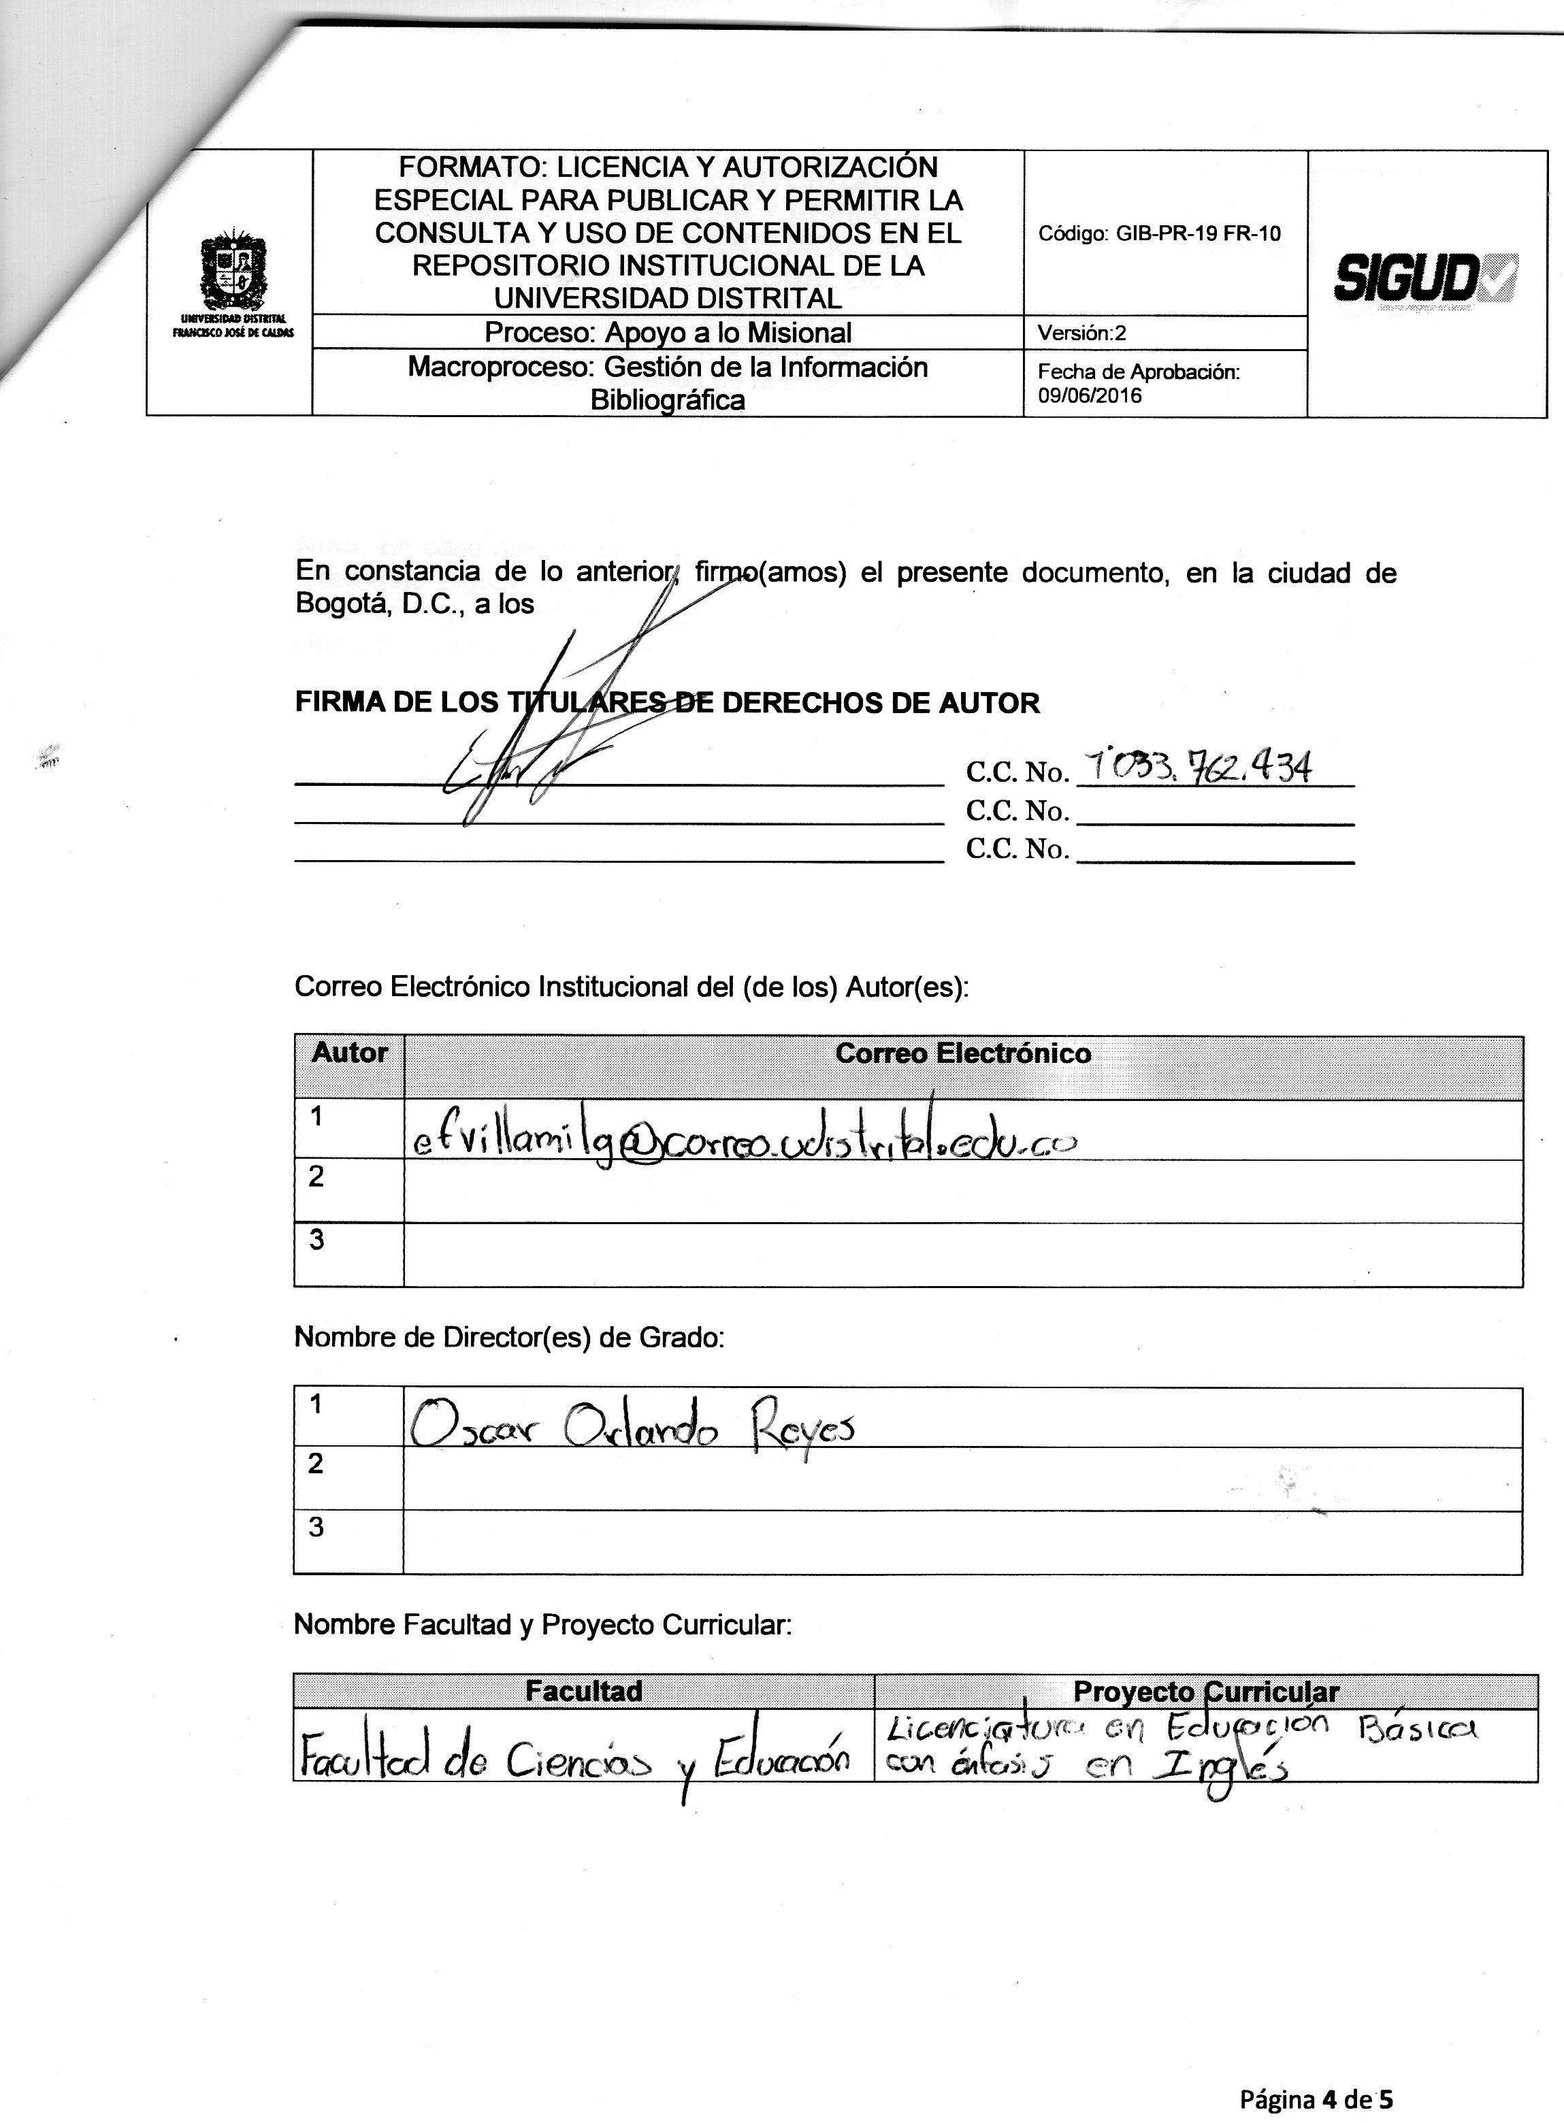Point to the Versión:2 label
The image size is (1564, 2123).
(1081, 333)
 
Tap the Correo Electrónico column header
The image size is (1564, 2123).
(963, 1053)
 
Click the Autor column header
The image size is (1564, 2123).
(349, 1053)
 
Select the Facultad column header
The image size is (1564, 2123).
(583, 1692)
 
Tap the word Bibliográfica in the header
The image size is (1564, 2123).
(668, 400)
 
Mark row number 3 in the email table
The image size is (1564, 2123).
(317, 1239)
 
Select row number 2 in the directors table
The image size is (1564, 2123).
(316, 1464)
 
